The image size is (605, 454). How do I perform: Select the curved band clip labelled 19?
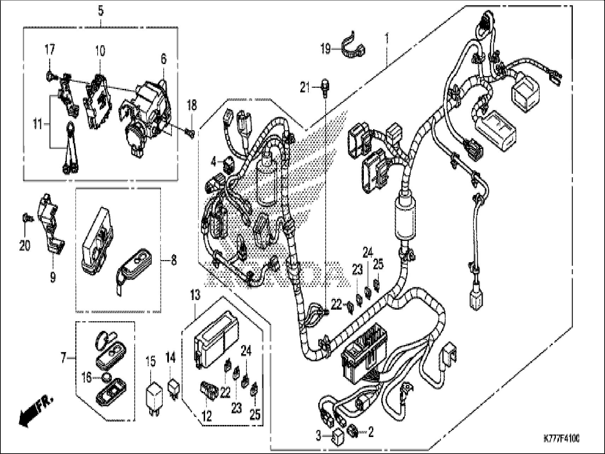(x=353, y=46)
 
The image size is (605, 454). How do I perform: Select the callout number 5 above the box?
(x=101, y=11)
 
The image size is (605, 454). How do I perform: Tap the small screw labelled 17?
(x=49, y=75)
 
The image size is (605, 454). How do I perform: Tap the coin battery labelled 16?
(x=106, y=378)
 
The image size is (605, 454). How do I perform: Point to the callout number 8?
(x=173, y=261)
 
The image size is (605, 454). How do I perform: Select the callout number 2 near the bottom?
(x=371, y=432)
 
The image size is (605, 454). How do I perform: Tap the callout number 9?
(x=53, y=277)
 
